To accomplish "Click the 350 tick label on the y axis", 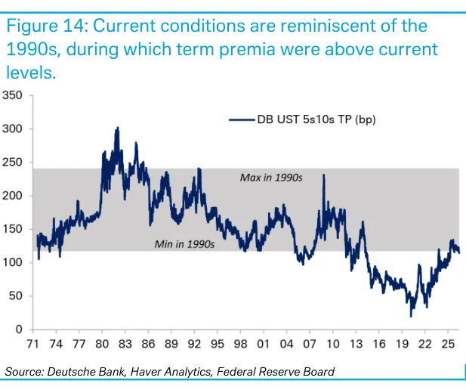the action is (12, 95).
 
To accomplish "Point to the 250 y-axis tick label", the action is (12, 162).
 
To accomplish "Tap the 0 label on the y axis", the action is (19, 330).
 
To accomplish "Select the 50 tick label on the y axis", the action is (16, 296).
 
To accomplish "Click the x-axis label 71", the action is (32, 344).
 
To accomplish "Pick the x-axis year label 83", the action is (125, 344).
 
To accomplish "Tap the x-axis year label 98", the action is (240, 344).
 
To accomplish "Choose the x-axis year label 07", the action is (310, 344).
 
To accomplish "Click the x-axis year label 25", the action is (448, 344).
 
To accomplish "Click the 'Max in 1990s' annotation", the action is (271, 178).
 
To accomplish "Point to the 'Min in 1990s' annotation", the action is (184, 244).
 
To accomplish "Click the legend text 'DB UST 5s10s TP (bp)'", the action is (316, 119).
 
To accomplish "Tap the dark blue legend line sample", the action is (242, 120).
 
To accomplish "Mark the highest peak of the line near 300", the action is (118, 127).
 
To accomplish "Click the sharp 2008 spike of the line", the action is (324, 175).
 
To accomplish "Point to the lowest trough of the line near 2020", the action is (411, 317).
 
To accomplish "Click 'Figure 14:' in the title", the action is (47, 26).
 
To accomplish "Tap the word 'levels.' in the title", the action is (31, 72).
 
